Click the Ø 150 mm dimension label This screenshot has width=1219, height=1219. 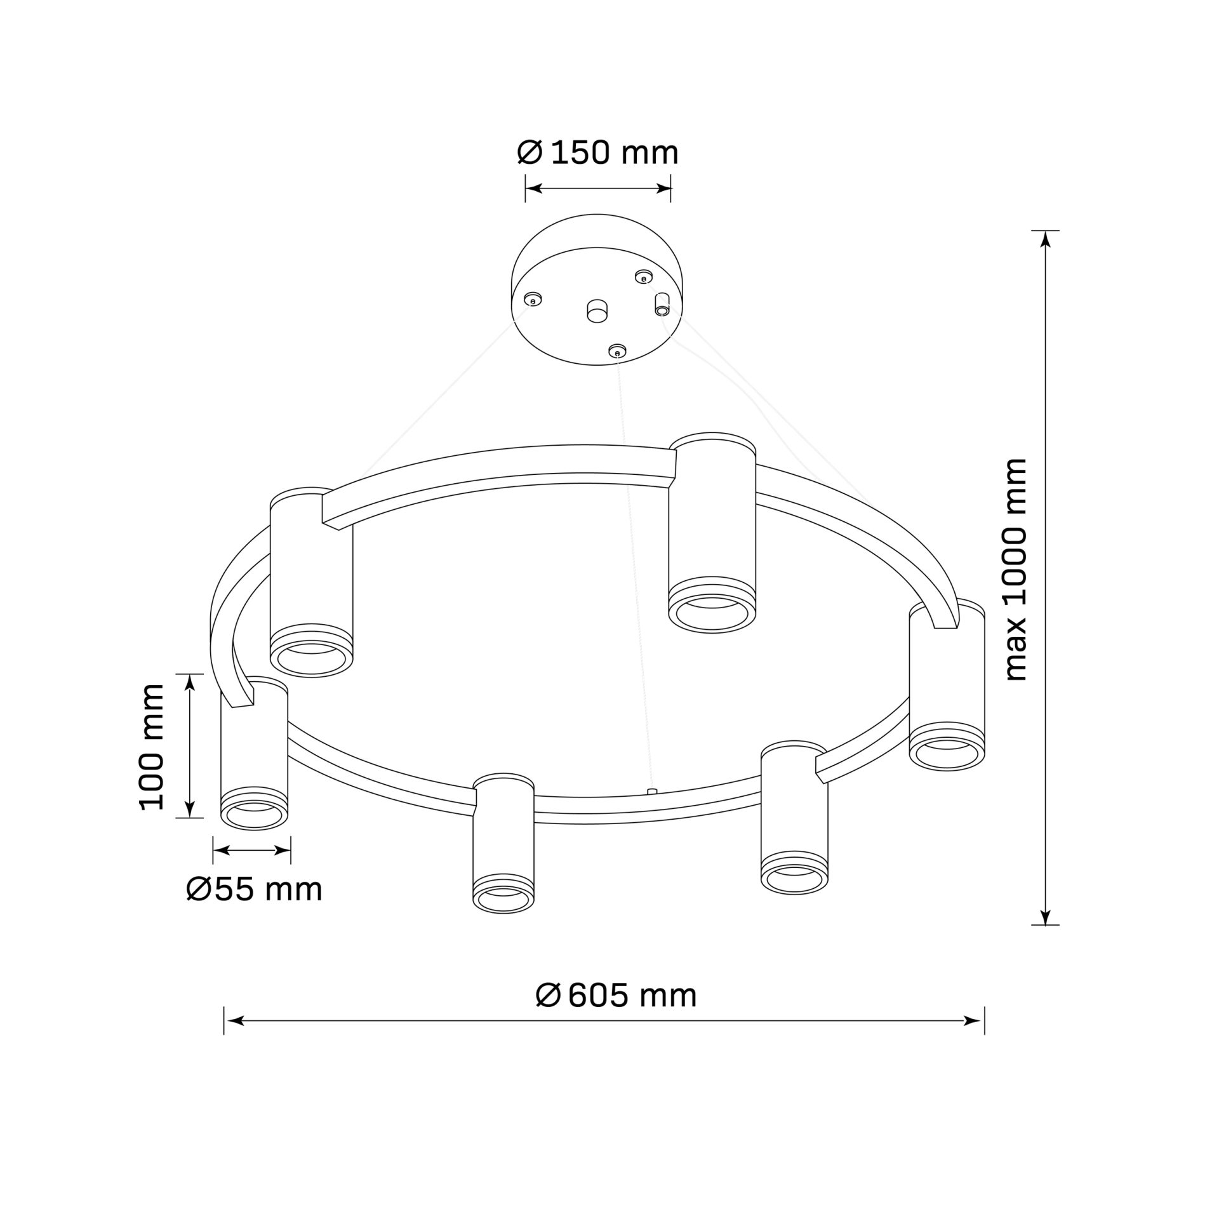598,152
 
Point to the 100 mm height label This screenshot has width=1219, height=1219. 151,747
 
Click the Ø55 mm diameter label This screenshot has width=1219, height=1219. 255,889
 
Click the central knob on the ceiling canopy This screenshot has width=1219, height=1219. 597,311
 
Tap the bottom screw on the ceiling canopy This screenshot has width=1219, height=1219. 617,351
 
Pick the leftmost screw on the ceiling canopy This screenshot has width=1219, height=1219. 533,300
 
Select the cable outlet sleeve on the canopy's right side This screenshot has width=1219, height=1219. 662,303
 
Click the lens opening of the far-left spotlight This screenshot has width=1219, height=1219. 255,815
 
